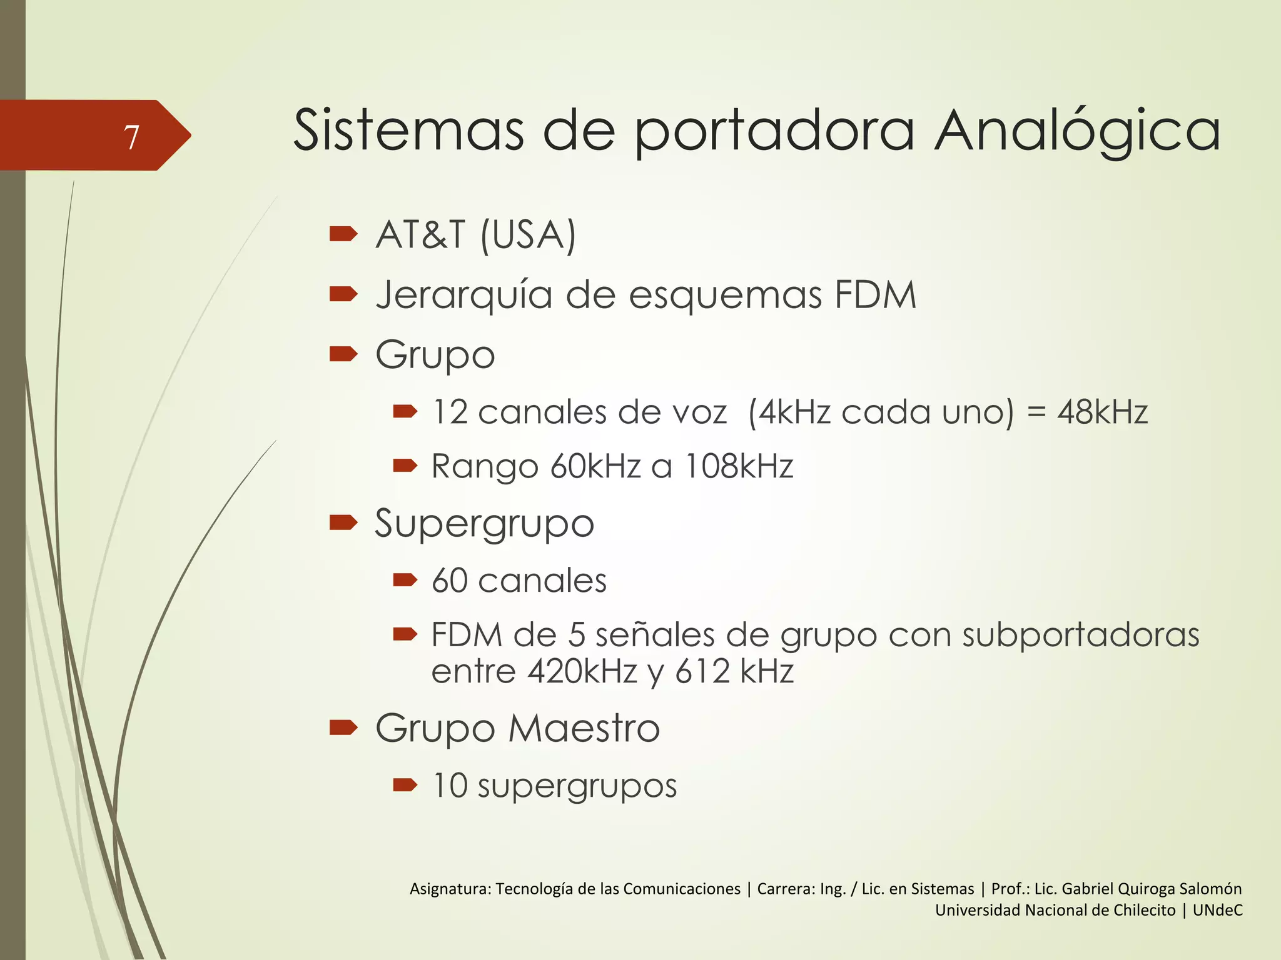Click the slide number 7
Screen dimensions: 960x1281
[131, 137]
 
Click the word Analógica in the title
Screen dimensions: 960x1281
[1077, 132]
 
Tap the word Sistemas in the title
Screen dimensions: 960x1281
[408, 131]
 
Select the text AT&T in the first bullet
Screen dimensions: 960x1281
[420, 235]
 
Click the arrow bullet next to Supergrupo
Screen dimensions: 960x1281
[343, 522]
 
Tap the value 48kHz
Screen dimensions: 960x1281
[1102, 412]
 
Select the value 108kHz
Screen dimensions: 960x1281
[739, 466]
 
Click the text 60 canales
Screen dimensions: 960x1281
[519, 581]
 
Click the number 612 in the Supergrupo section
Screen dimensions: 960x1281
[702, 671]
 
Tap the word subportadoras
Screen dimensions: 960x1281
[1080, 635]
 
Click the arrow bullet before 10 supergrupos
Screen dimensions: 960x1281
[405, 785]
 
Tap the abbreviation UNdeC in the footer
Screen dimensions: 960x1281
[1217, 910]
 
